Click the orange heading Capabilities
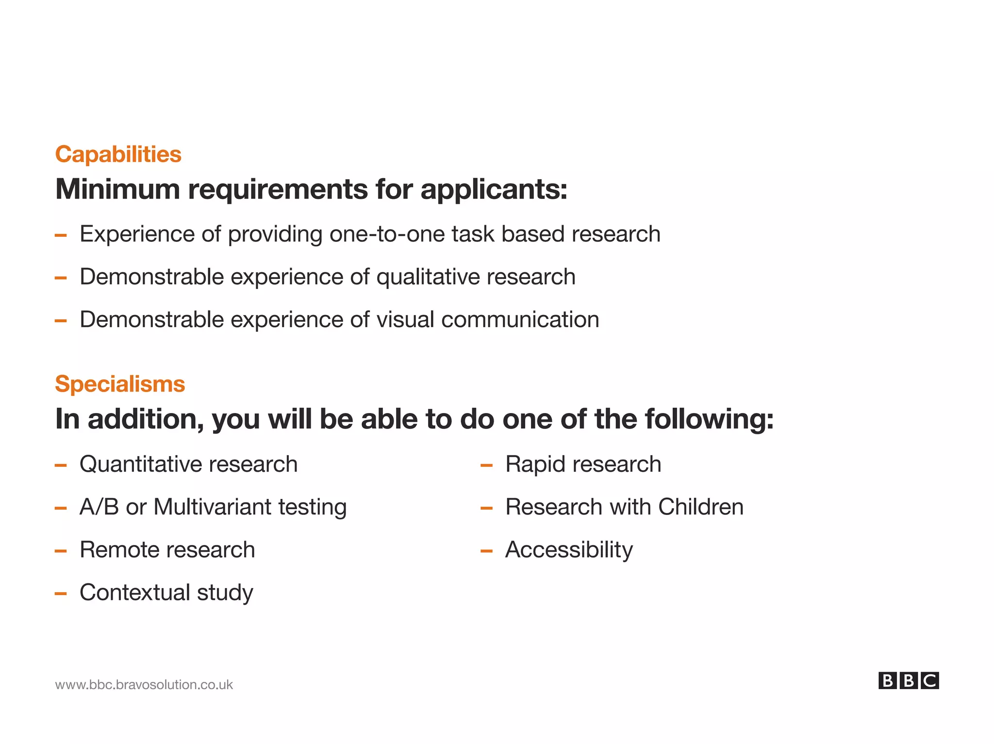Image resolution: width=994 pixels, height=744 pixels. (x=118, y=154)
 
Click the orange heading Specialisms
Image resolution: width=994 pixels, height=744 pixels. (x=120, y=384)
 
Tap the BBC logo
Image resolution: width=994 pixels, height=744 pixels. (x=908, y=680)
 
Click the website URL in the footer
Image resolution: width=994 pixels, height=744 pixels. (x=144, y=684)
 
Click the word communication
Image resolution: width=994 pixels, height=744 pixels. (x=520, y=320)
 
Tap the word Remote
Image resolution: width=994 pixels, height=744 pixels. (x=113, y=550)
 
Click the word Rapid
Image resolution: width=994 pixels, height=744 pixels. (x=535, y=464)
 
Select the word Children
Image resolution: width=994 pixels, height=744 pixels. (x=700, y=507)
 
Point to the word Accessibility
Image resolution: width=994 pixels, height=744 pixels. (x=569, y=550)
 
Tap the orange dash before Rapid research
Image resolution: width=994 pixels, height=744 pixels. (x=486, y=465)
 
